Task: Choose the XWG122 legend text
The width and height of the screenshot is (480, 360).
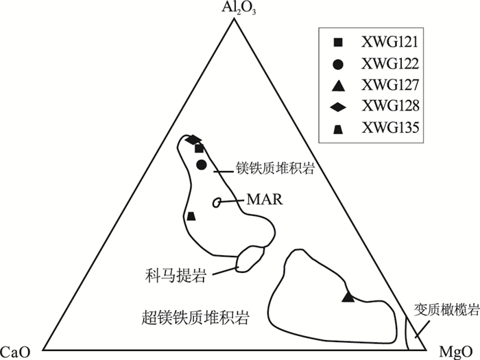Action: coord(389,64)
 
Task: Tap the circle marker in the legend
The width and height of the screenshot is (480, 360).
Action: coord(337,64)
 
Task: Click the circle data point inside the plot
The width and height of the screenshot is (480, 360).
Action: coord(201,165)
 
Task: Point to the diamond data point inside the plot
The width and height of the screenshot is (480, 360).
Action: coord(193,140)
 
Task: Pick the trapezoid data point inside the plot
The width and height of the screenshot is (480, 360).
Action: coord(191,217)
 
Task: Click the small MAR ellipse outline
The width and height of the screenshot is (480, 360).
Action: coord(217,202)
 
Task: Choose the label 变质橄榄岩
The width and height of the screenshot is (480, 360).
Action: coord(446,309)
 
